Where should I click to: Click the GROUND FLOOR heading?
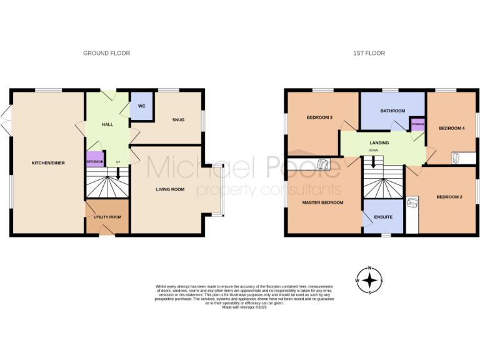click(x=106, y=53)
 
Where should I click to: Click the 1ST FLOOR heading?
click(x=369, y=53)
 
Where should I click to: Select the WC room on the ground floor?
click(x=141, y=106)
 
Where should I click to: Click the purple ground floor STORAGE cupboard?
click(x=95, y=161)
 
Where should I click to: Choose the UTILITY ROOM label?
click(x=107, y=217)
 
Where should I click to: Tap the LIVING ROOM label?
click(x=170, y=188)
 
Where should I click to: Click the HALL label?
click(x=107, y=125)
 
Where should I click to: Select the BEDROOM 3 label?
click(x=319, y=117)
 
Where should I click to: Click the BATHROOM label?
click(x=392, y=111)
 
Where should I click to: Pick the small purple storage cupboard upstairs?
click(x=417, y=124)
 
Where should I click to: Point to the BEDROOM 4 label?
click(x=451, y=128)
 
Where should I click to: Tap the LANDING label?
click(x=379, y=143)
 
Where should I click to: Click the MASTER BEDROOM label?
click(x=322, y=202)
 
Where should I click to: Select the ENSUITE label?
click(x=383, y=217)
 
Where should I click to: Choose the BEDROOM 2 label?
click(x=449, y=197)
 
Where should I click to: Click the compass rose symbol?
click(x=370, y=281)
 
